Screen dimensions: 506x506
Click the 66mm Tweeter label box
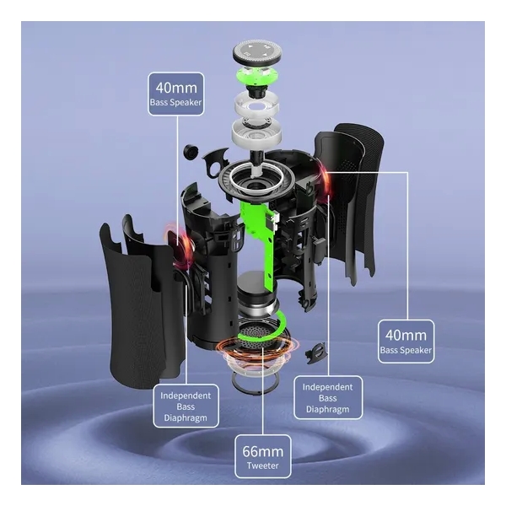(262, 456)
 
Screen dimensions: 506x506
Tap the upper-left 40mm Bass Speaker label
(176, 94)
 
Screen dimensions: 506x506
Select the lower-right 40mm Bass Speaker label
(406, 342)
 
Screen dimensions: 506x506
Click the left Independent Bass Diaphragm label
(186, 406)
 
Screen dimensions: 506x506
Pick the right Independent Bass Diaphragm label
(328, 397)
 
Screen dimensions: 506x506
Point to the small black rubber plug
(191, 151)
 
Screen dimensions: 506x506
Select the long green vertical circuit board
(261, 242)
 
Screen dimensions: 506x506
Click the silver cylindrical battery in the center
(257, 293)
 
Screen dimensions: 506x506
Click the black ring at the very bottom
(254, 383)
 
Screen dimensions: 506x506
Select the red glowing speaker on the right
(324, 178)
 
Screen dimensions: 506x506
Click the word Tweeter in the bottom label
(262, 466)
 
